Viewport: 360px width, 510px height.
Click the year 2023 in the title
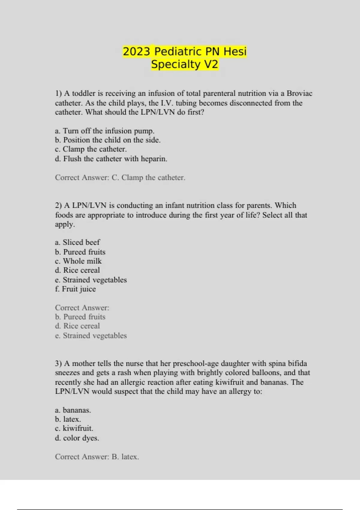click(x=136, y=51)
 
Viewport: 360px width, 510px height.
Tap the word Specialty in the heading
click(x=176, y=64)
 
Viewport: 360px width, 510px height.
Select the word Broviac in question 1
click(x=299, y=93)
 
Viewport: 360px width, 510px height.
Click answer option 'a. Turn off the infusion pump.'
click(x=105, y=131)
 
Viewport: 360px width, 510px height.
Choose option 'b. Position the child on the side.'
click(x=108, y=140)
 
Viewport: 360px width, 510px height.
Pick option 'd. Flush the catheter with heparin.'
click(x=111, y=159)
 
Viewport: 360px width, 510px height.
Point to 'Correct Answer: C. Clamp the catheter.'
click(x=120, y=178)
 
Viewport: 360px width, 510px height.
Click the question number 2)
click(x=58, y=205)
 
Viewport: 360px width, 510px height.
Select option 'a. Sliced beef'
click(x=77, y=242)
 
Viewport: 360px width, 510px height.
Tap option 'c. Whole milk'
click(x=78, y=261)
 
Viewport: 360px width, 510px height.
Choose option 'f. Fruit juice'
click(x=76, y=289)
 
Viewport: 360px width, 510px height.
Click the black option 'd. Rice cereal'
click(x=77, y=270)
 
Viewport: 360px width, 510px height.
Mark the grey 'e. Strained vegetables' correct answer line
click(x=91, y=335)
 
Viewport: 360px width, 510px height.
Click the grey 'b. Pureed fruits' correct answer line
click(x=80, y=317)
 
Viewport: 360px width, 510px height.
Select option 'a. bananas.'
click(x=73, y=410)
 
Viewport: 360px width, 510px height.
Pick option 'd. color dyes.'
click(x=77, y=438)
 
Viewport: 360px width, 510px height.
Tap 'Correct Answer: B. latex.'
click(x=97, y=457)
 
